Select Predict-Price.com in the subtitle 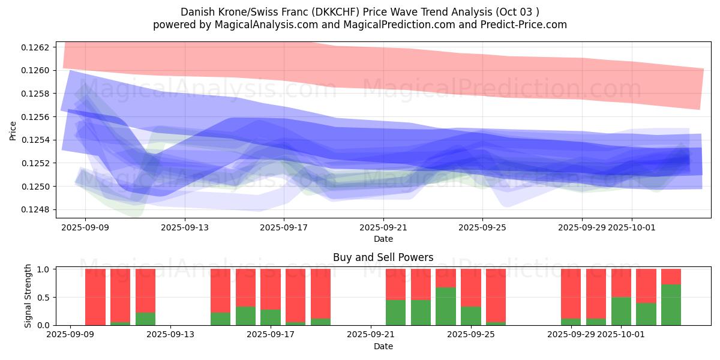coord(520,25)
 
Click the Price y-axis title coord(13,130)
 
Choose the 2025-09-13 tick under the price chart coord(184,227)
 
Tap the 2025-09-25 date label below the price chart coord(482,227)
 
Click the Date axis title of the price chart coord(383,239)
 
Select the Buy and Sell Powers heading coord(383,257)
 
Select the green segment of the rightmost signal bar coord(671,305)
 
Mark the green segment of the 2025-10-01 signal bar coord(621,311)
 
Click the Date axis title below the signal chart coord(383,346)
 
